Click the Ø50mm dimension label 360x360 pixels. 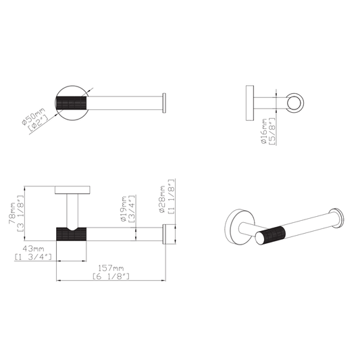click(x=26, y=111)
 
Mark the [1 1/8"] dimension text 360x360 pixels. click(x=173, y=198)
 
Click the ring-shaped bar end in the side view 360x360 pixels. click(x=296, y=101)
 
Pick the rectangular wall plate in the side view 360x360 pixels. click(x=249, y=101)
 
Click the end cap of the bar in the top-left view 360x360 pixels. click(x=164, y=101)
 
